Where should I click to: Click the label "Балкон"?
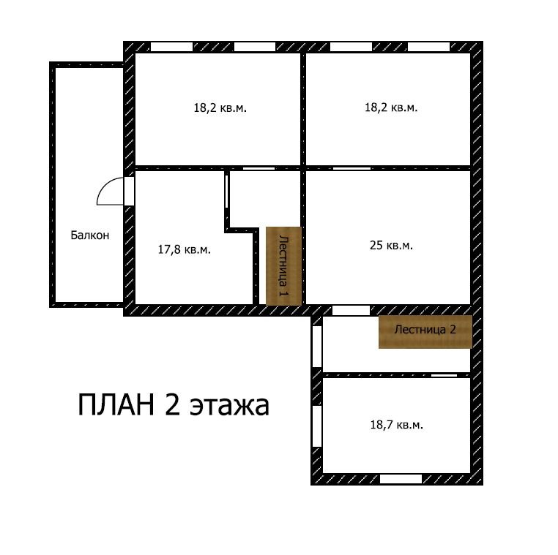pyautogui.click(x=89, y=235)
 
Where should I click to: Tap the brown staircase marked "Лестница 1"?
pyautogui.click(x=283, y=265)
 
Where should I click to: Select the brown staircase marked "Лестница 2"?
pyautogui.click(x=425, y=331)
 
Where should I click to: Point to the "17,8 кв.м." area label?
pyautogui.click(x=185, y=249)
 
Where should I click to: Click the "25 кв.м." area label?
pyautogui.click(x=391, y=245)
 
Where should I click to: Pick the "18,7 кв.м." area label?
pyautogui.click(x=396, y=425)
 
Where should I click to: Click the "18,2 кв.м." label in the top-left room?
pyautogui.click(x=220, y=107)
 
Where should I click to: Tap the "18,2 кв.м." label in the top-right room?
pyautogui.click(x=391, y=107)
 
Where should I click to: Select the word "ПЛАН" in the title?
pyautogui.click(x=116, y=404)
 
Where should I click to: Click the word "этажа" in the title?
pyautogui.click(x=228, y=407)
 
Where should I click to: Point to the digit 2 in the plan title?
pyautogui.click(x=173, y=404)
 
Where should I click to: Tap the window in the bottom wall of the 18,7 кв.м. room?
pyautogui.click(x=401, y=479)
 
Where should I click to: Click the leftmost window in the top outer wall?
pyautogui.click(x=171, y=47)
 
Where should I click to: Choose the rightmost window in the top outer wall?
pyautogui.click(x=428, y=47)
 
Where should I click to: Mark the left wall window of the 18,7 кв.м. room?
pyautogui.click(x=317, y=426)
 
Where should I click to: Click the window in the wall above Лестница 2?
pyautogui.click(x=351, y=310)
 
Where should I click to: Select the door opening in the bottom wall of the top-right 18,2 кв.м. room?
pyautogui.click(x=351, y=168)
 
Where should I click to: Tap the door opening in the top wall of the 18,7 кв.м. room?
pyautogui.click(x=444, y=375)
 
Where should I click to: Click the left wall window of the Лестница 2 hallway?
pyautogui.click(x=317, y=347)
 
